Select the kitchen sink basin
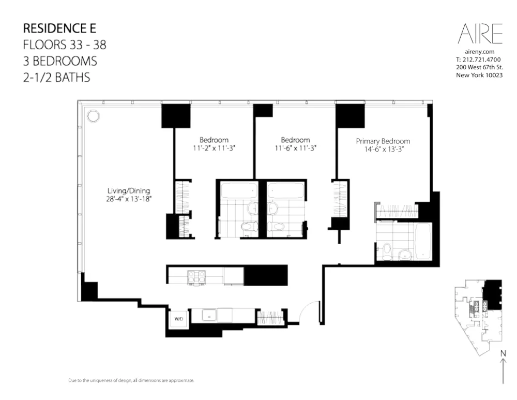pyautogui.click(x=209, y=315)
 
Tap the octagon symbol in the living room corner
pyautogui.click(x=93, y=116)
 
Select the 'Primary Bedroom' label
pyautogui.click(x=383, y=141)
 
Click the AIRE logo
pyautogui.click(x=480, y=34)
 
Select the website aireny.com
pyautogui.click(x=480, y=52)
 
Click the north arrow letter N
pyautogui.click(x=503, y=353)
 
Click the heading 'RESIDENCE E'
pyautogui.click(x=59, y=28)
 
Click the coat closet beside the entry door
pyautogui.click(x=268, y=316)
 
